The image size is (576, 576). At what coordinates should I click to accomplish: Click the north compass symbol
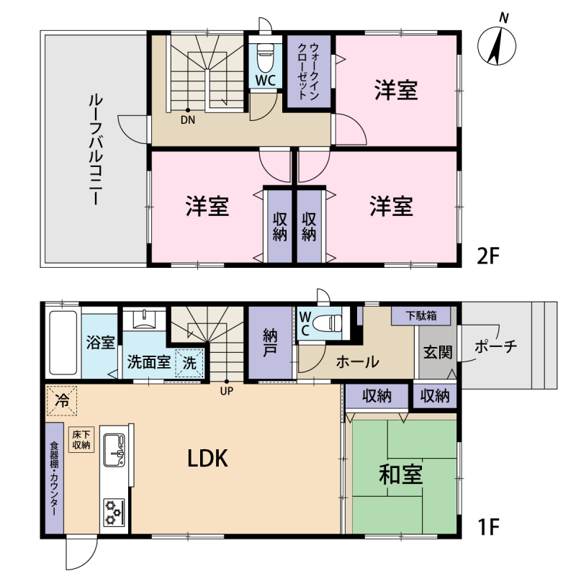pos(497,43)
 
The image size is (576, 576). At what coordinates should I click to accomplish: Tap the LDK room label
pos(207,459)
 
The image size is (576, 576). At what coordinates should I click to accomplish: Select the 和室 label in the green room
pos(401,474)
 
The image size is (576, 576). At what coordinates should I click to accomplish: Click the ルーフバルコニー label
pos(96,150)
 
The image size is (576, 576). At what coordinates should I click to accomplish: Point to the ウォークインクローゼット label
pos(309,71)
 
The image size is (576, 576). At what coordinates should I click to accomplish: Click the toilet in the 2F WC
pos(265,58)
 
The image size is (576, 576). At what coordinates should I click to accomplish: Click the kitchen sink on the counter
pos(114,449)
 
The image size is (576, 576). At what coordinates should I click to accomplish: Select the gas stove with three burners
pos(114,512)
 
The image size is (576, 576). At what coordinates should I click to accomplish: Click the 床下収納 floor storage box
pos(81,440)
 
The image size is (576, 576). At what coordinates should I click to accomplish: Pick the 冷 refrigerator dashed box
pos(61,400)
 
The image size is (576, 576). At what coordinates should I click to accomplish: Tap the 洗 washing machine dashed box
pos(189,363)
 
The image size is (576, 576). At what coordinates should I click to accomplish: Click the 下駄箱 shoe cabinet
pos(421,315)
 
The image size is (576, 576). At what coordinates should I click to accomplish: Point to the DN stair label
pos(188,120)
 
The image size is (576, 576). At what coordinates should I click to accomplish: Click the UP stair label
pos(227,391)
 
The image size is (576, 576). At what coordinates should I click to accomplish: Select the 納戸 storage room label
pos(271,343)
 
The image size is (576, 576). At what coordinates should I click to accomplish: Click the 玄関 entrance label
pos(438,353)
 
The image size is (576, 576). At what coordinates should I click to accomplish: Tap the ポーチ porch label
pos(496,346)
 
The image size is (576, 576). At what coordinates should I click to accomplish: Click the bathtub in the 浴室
pos(63,343)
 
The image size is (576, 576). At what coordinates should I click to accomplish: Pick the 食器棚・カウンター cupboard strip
pos(55,478)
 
